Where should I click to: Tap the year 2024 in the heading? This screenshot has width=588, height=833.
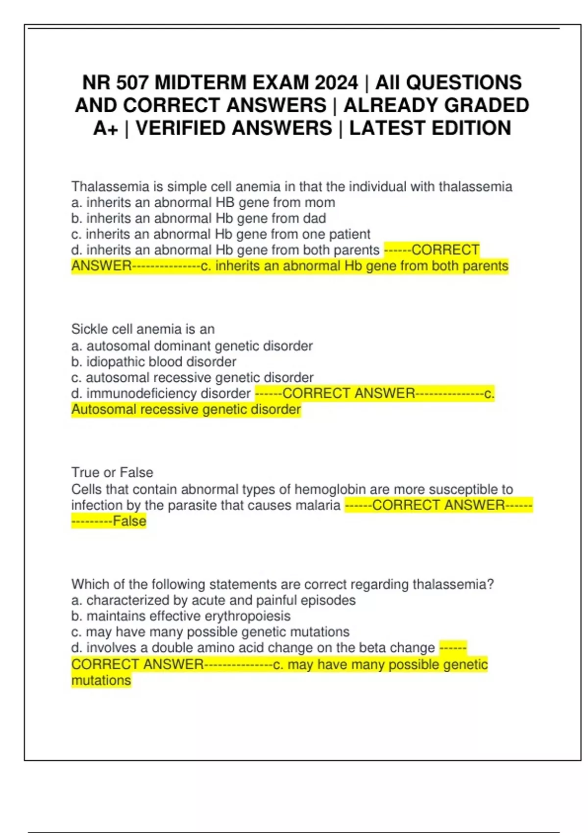click(x=336, y=82)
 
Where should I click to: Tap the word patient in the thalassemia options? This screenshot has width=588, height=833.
click(x=350, y=234)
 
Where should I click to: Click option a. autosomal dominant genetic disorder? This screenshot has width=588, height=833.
click(x=192, y=346)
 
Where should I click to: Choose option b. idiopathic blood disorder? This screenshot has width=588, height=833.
click(x=154, y=362)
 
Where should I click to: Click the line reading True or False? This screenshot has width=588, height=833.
click(x=112, y=472)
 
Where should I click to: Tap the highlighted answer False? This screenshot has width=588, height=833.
click(x=129, y=521)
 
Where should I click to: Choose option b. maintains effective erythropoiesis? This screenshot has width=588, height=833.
click(x=181, y=616)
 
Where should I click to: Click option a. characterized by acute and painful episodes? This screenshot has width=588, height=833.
click(x=214, y=600)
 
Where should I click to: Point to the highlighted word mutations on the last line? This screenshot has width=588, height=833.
click(x=101, y=681)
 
